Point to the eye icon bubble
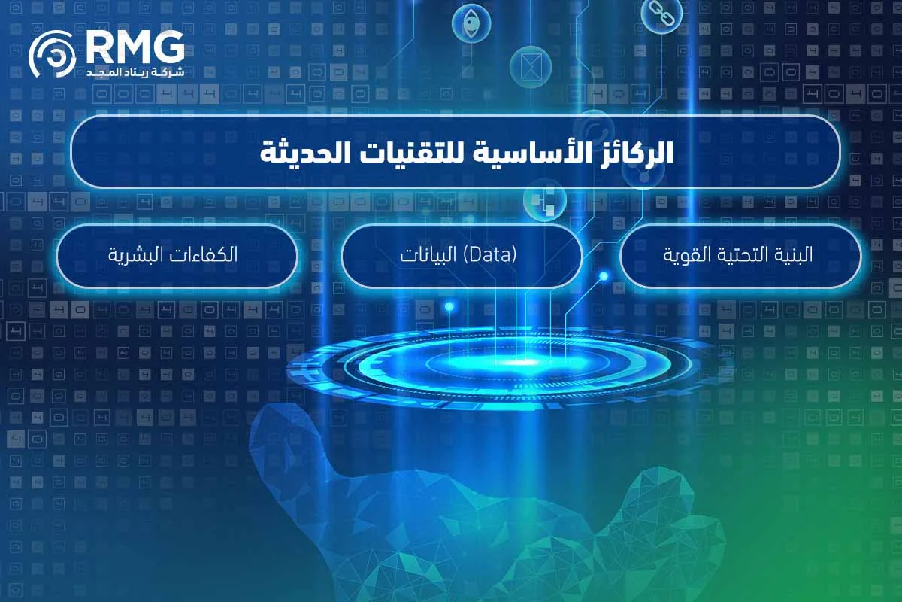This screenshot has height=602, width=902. [x=471, y=23]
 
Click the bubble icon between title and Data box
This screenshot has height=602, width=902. [x=544, y=199]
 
